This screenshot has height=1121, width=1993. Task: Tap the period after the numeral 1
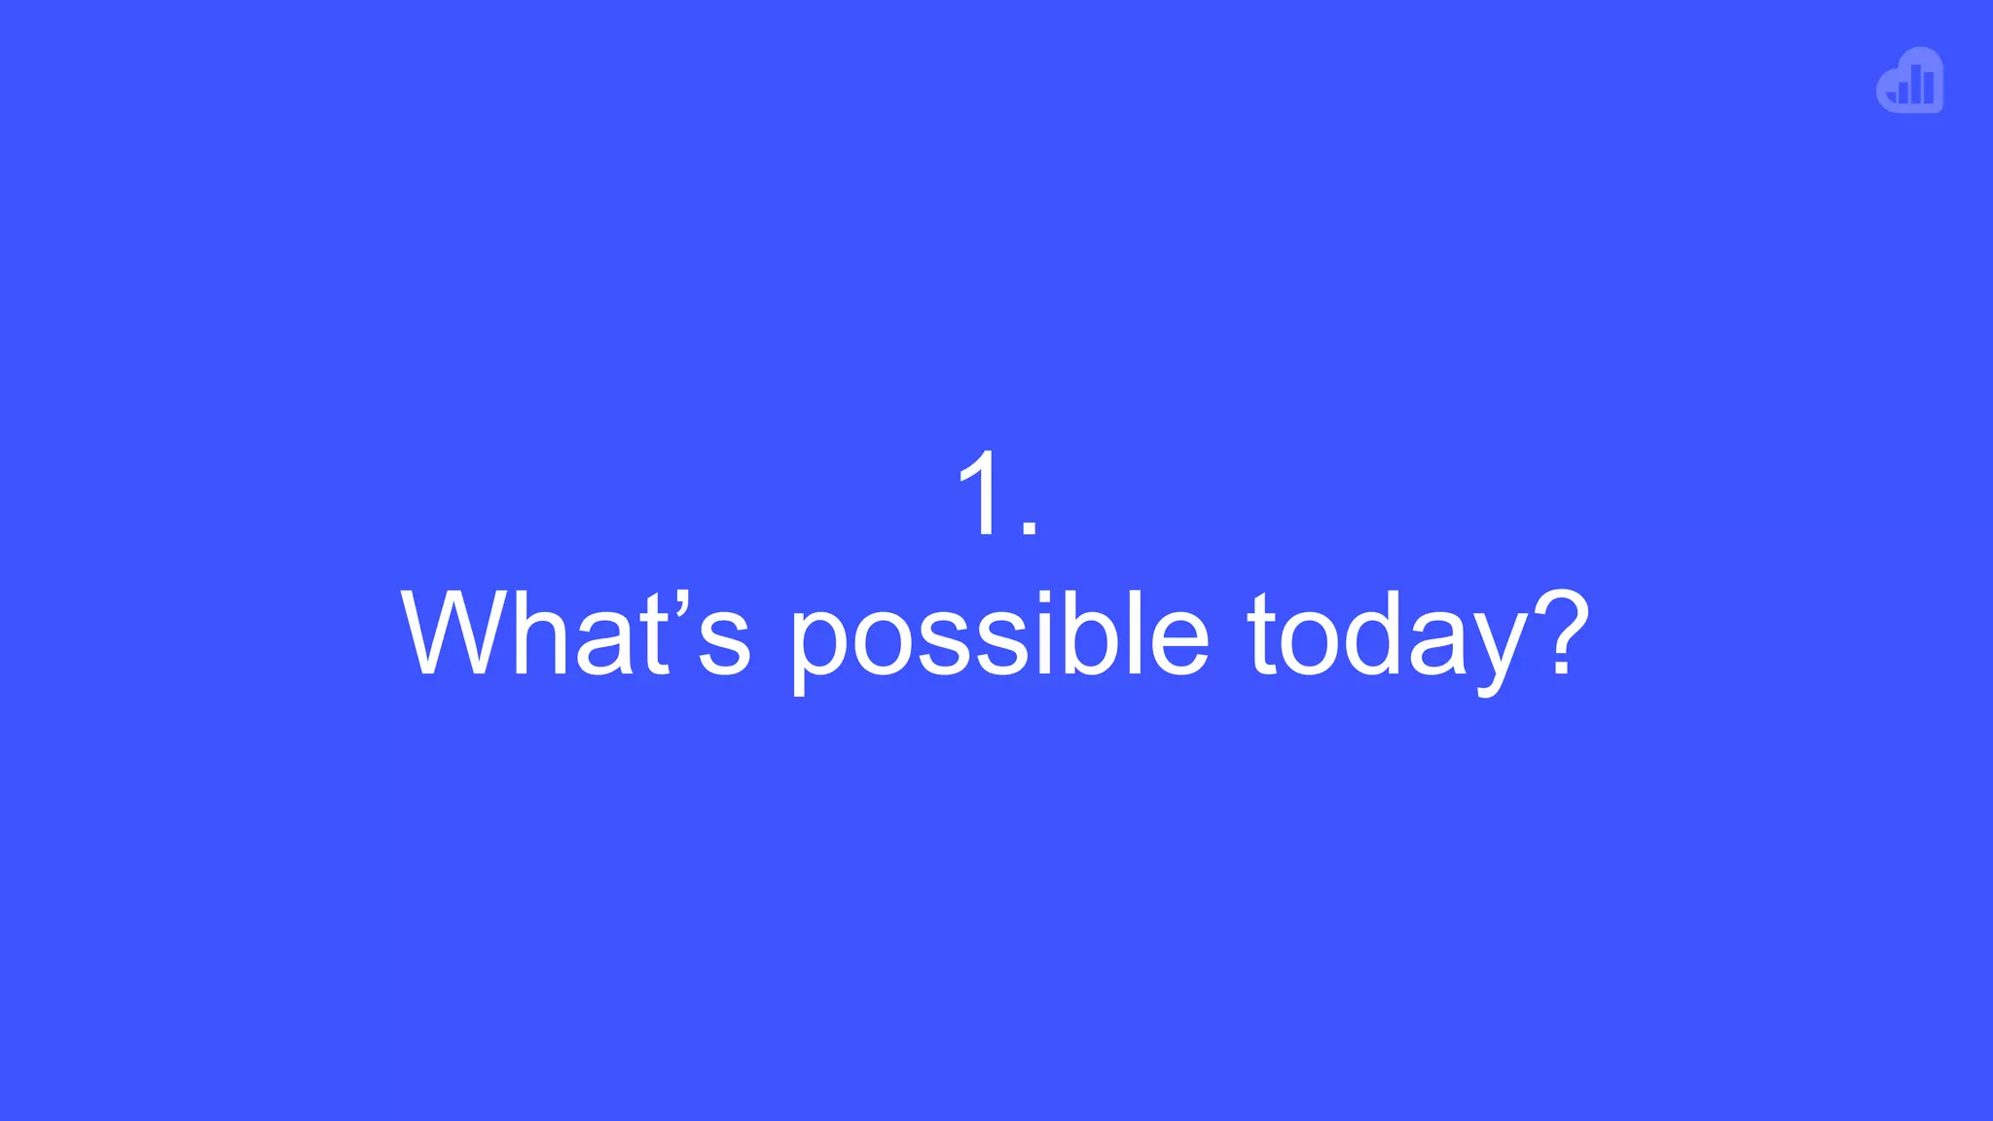pos(1030,526)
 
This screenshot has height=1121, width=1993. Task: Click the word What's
pos(575,634)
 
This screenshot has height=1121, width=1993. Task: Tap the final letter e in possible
pos(1178,643)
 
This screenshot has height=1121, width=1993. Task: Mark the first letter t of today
pos(1261,634)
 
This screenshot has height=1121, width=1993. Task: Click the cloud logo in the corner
pos(1910,81)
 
